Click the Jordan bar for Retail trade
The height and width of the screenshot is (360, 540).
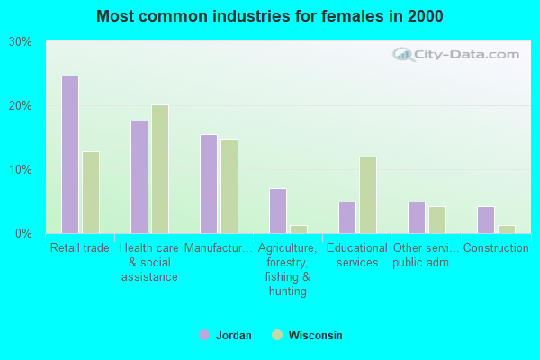point(69,155)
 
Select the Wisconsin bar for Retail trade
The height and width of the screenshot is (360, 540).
point(91,193)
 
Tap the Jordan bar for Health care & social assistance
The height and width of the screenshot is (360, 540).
point(139,177)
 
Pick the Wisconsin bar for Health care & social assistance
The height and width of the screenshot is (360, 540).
point(160,169)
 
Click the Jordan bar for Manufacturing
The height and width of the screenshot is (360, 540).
point(208,184)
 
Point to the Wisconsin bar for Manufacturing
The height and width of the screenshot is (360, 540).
point(229,186)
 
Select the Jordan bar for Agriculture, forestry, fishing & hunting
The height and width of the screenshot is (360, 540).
point(277,211)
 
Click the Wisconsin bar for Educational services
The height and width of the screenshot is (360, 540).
point(368,195)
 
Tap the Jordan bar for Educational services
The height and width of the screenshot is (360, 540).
point(346,218)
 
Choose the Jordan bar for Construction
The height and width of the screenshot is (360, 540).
point(485,220)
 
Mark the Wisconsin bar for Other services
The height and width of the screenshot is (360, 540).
point(437,220)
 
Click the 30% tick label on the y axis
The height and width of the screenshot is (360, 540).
point(20,42)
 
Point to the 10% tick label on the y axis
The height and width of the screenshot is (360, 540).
point(20,170)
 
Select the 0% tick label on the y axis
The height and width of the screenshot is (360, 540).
point(23,234)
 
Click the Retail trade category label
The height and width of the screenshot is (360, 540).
point(80,248)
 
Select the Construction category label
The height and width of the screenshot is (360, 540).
point(495,248)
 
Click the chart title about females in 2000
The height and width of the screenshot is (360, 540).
point(270,16)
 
